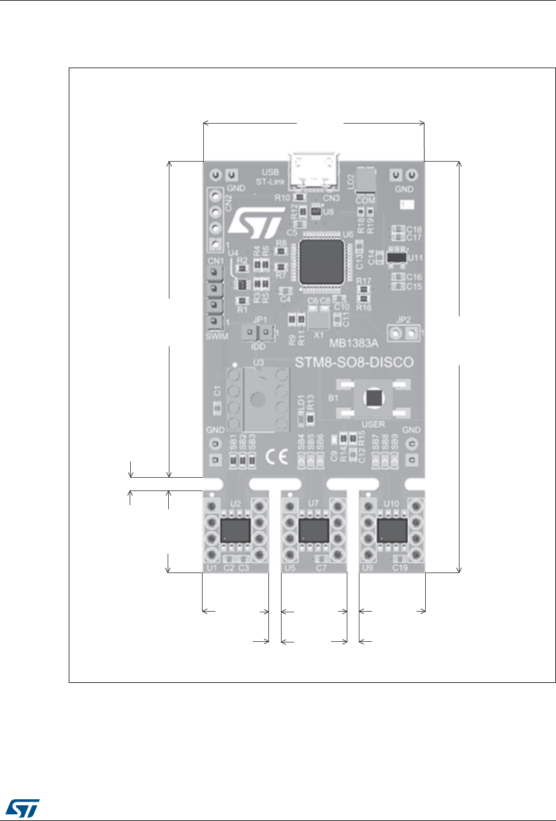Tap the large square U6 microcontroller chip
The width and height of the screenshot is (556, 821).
(322, 261)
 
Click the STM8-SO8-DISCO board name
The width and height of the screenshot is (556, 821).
(353, 363)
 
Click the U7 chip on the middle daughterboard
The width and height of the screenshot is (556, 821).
(314, 531)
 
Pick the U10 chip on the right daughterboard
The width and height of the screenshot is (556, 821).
(391, 530)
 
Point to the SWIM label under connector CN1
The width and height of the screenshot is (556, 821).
(217, 336)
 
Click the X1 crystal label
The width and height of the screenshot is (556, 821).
(320, 334)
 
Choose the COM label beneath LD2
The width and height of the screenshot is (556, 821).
(365, 200)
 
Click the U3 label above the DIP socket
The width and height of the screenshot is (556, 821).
(259, 362)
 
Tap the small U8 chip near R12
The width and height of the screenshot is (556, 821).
(315, 212)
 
